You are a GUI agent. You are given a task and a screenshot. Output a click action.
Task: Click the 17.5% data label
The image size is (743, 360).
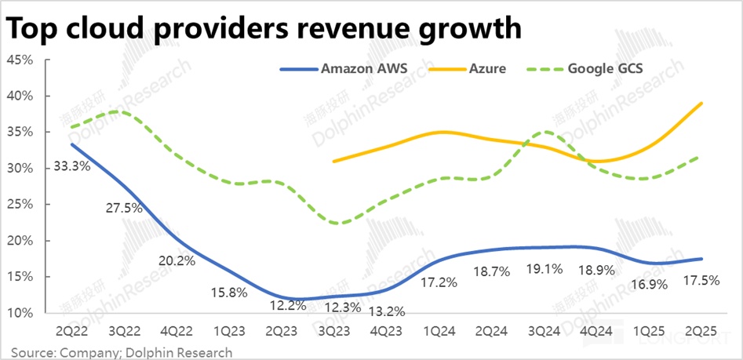pyautogui.click(x=701, y=280)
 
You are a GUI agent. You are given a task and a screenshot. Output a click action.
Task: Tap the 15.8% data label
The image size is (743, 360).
pyautogui.click(x=229, y=292)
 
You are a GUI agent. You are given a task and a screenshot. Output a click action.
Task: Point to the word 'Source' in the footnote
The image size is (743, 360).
pyautogui.click(x=29, y=352)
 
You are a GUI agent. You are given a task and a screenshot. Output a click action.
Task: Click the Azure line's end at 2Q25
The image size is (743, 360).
pyautogui.click(x=701, y=104)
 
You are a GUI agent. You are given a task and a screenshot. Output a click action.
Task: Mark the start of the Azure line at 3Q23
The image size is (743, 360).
pyautogui.click(x=333, y=161)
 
